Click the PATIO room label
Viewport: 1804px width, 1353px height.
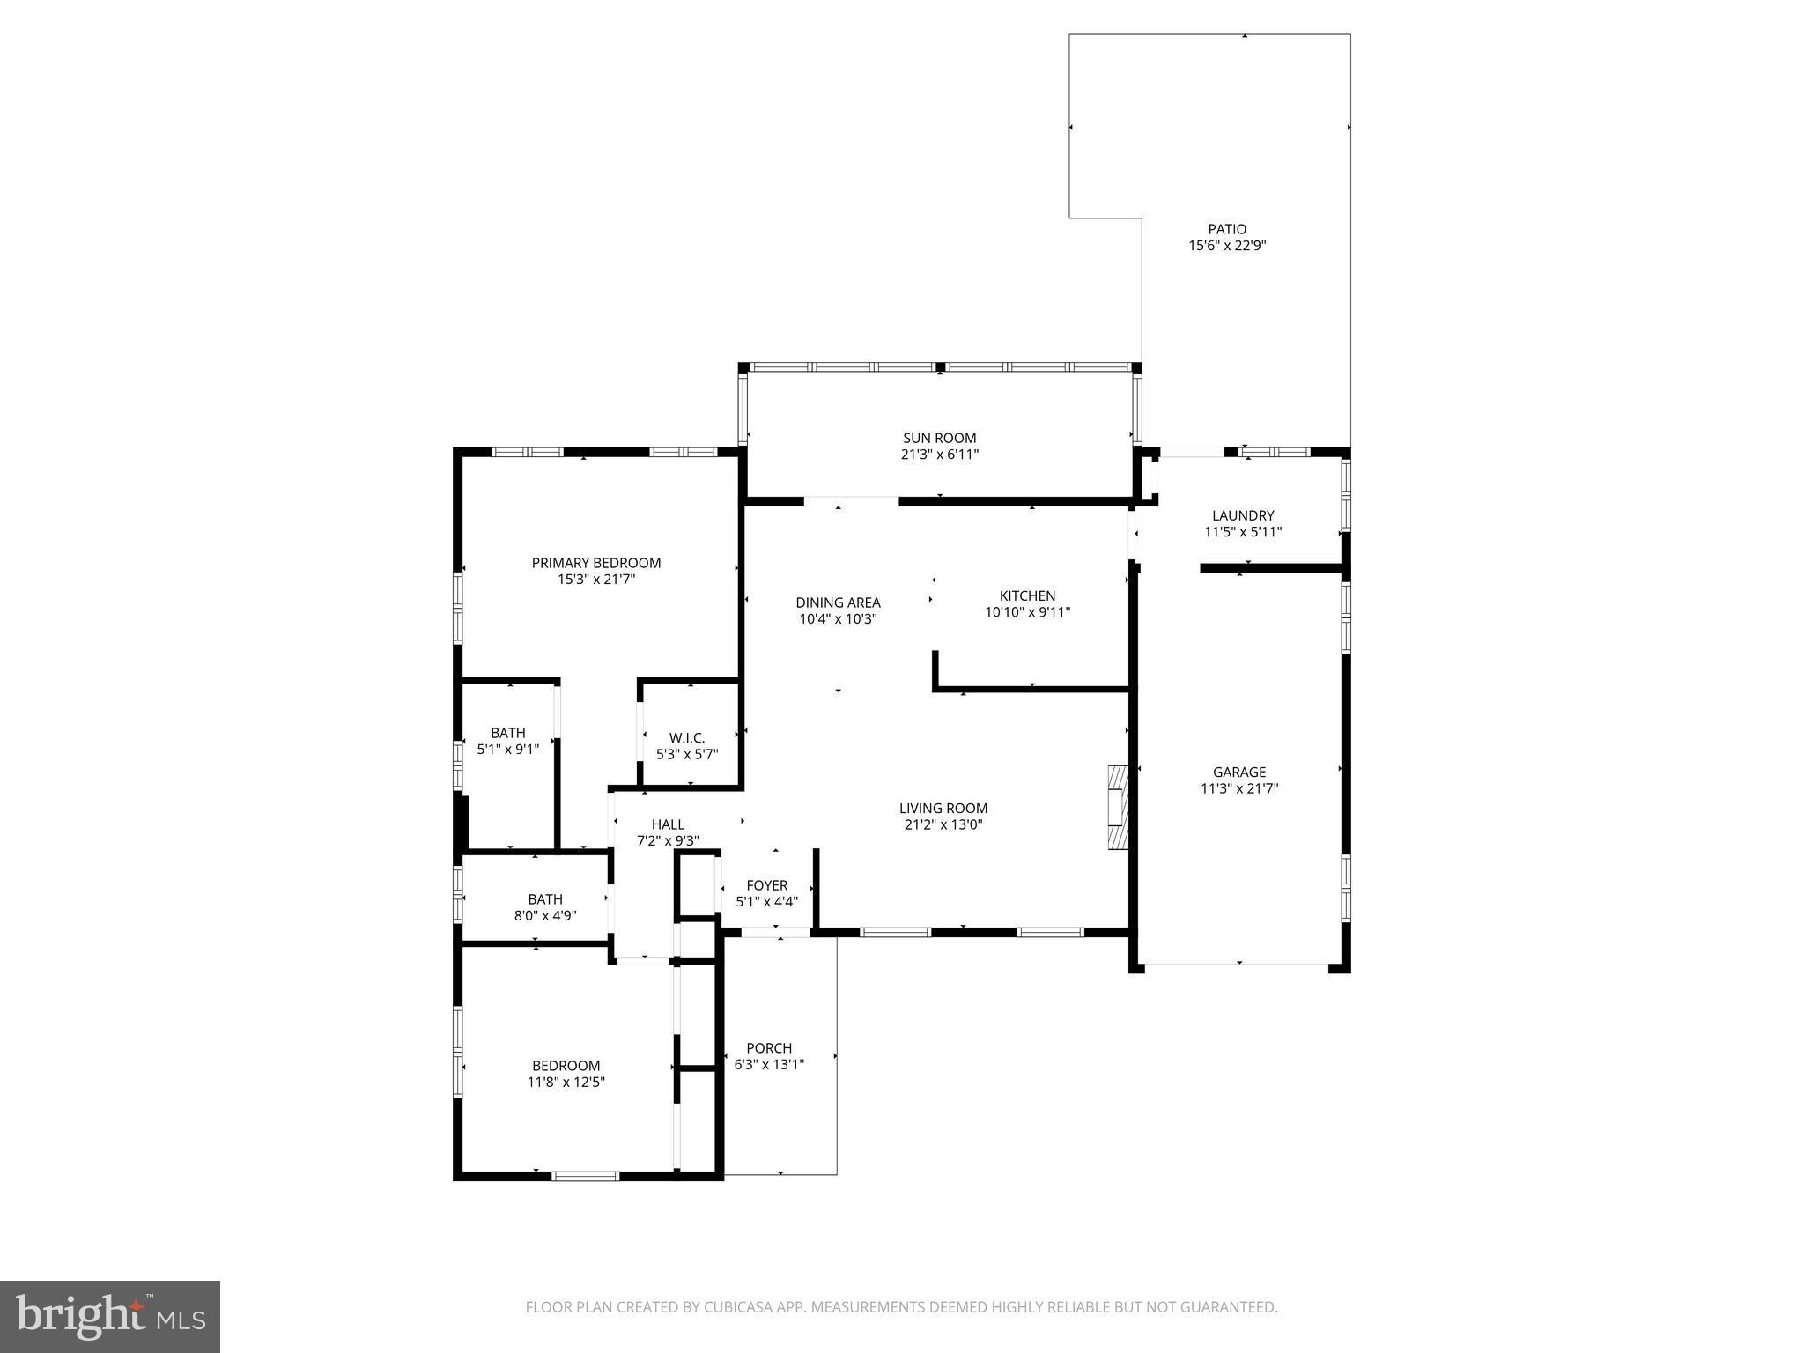point(1227,229)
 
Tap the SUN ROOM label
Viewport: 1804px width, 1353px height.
point(940,438)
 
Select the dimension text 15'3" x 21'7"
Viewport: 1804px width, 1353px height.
point(596,580)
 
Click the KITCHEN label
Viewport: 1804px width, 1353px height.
point(1027,595)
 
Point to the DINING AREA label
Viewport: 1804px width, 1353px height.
point(838,603)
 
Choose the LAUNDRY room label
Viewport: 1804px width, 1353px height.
point(1243,515)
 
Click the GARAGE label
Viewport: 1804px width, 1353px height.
point(1239,773)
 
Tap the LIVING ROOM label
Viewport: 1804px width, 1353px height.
point(943,808)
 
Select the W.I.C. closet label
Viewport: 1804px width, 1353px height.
point(687,737)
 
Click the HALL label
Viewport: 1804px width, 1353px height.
point(668,824)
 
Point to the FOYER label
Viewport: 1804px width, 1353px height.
point(766,885)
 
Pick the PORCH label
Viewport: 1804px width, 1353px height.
point(769,1048)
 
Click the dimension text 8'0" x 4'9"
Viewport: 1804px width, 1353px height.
point(545,916)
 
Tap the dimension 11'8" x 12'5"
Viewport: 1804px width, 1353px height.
point(566,1083)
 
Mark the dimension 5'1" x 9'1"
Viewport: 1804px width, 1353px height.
point(508,750)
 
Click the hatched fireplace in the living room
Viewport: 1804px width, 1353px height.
point(1118,807)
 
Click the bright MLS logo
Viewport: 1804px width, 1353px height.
point(110,1316)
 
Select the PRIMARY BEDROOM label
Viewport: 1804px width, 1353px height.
point(596,563)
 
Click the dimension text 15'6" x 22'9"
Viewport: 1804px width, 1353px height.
point(1227,247)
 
